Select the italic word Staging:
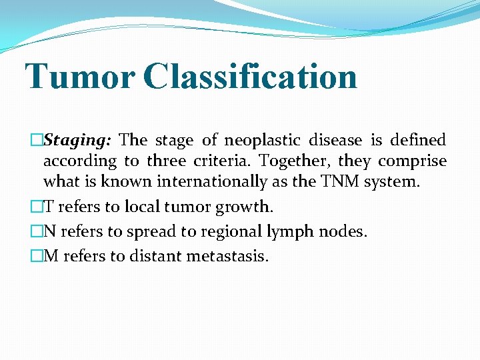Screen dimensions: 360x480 81,141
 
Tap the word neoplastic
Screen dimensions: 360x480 261,140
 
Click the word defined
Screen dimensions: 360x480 418,140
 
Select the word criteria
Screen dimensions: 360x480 223,161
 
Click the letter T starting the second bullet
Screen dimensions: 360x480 48,207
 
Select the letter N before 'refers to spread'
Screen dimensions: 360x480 49,231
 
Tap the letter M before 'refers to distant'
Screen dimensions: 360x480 51,256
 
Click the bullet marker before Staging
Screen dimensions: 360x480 37,141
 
